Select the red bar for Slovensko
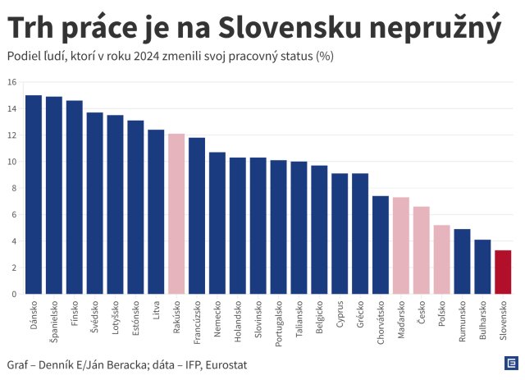click(x=503, y=272)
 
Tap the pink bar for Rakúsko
click(x=176, y=213)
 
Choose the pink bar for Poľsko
click(x=441, y=259)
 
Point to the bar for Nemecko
click(x=217, y=222)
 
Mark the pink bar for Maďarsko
click(x=401, y=245)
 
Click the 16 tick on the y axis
click(x=11, y=82)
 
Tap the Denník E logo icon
click(x=509, y=364)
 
